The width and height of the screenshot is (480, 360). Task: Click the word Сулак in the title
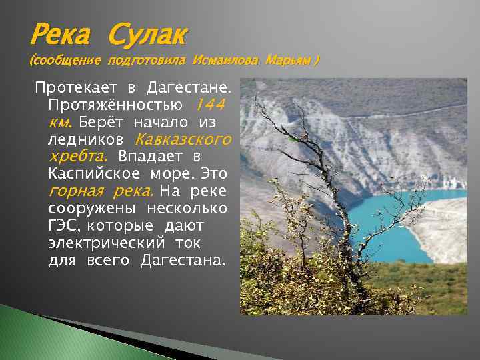pyautogui.click(x=148, y=33)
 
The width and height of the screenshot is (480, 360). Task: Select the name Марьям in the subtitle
pyautogui.click(x=287, y=61)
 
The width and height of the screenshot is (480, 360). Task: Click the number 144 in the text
pyautogui.click(x=210, y=105)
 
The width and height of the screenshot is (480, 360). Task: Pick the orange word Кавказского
pyautogui.click(x=183, y=140)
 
